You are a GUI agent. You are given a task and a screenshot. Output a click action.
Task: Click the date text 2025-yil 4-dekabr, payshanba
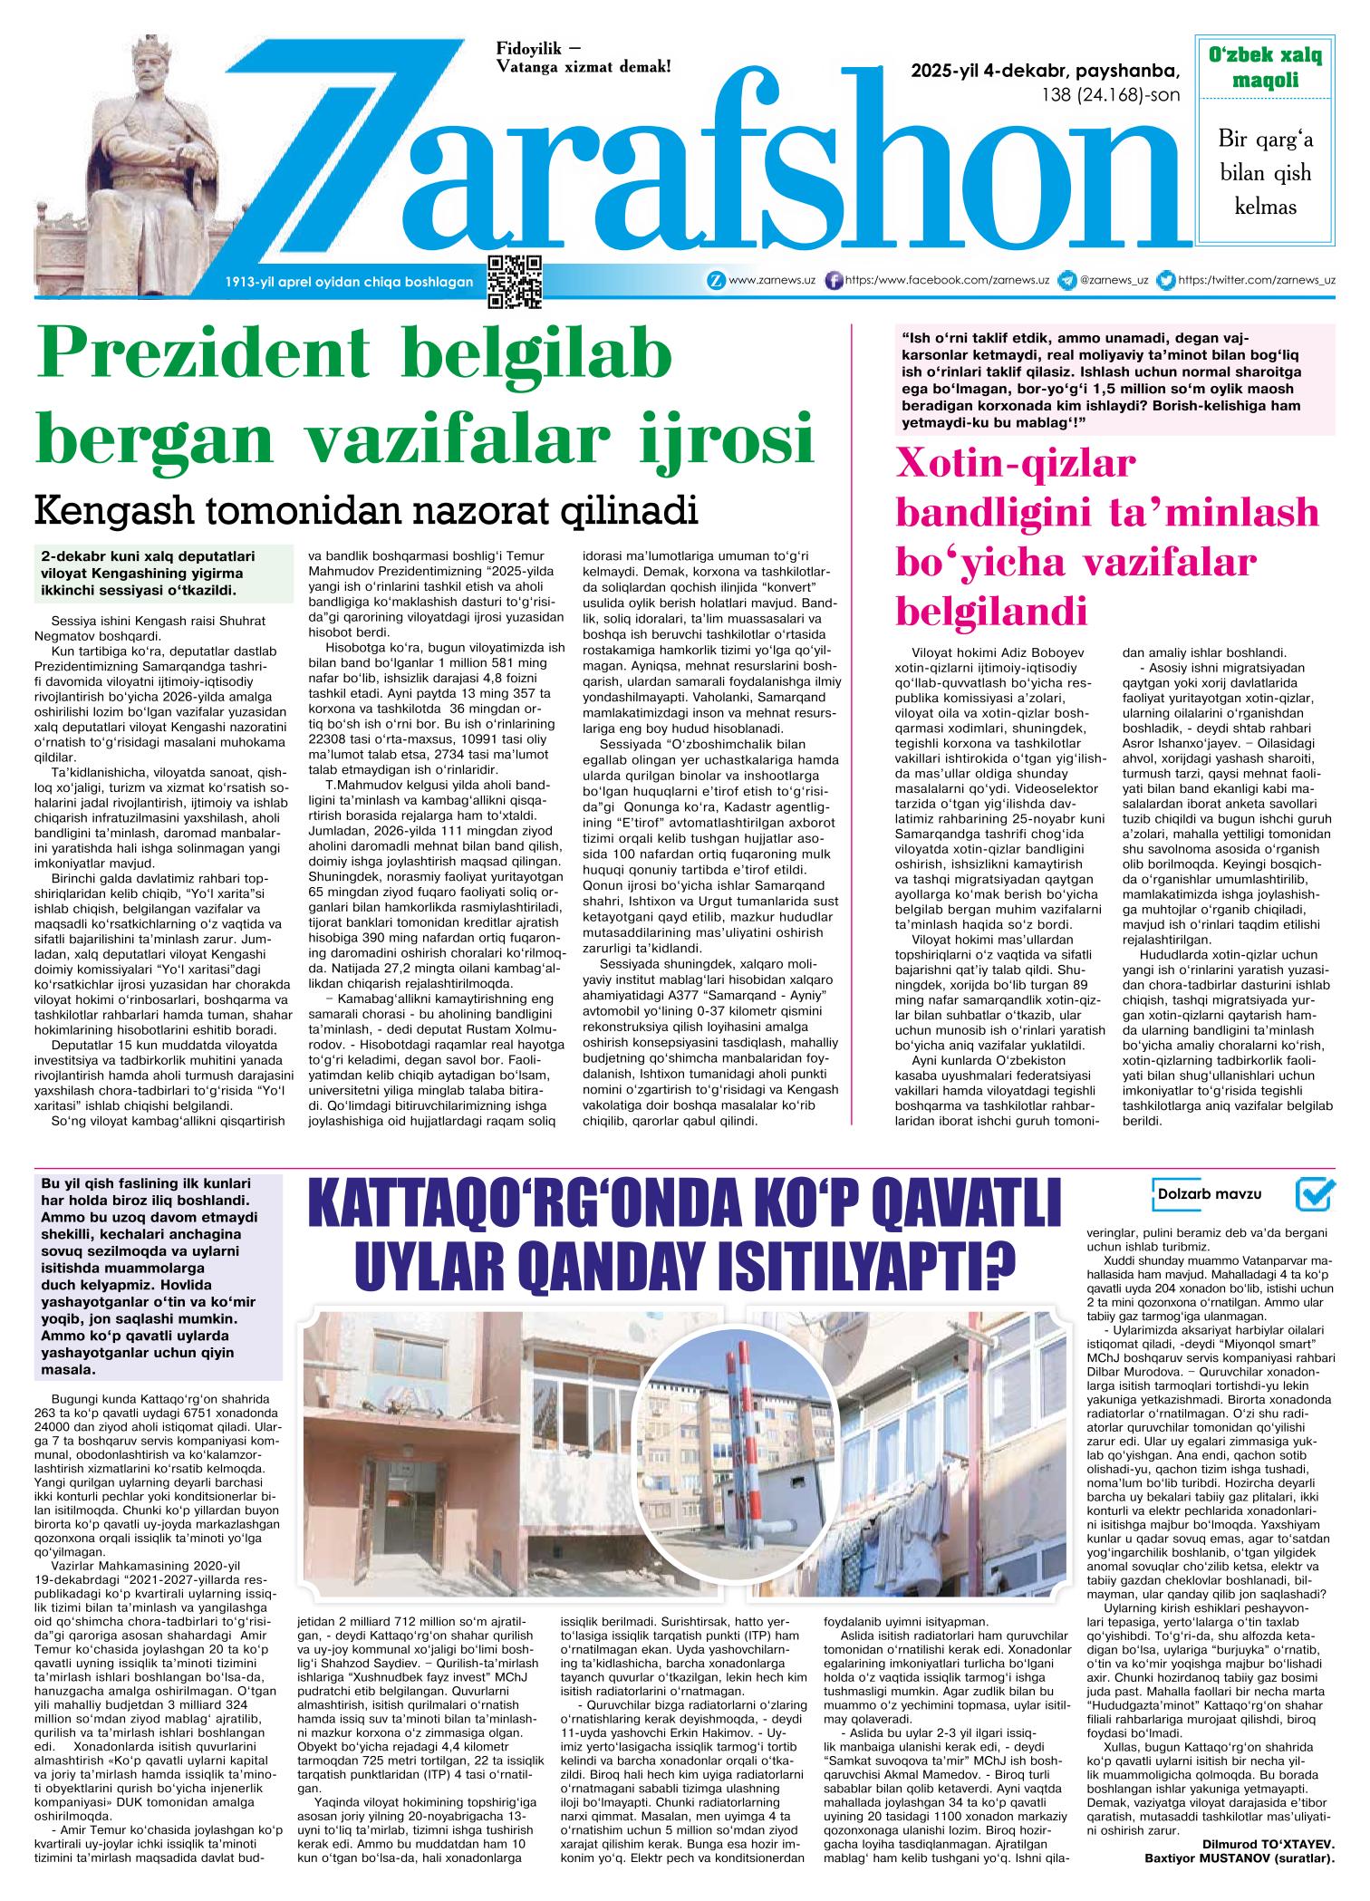coord(1047,72)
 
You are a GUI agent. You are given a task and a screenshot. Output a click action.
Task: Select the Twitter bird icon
coord(1168,281)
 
